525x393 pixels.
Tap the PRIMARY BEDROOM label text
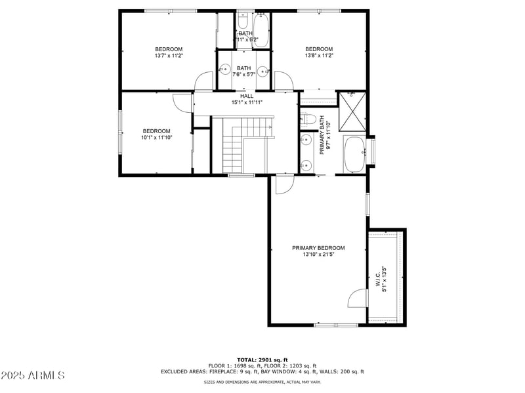[x=318, y=248]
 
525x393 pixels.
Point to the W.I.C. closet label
[x=377, y=280]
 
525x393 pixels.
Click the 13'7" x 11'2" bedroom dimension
[x=169, y=56]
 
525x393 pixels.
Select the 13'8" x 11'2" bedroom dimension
[x=319, y=56]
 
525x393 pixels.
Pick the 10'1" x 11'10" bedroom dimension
[x=157, y=138]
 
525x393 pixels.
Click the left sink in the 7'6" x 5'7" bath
[x=224, y=68]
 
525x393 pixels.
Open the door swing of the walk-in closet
[x=358, y=300]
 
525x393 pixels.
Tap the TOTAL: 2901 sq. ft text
[x=262, y=360]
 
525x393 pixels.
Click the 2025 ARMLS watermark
[x=33, y=376]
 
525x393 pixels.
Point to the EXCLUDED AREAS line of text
[x=262, y=371]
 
